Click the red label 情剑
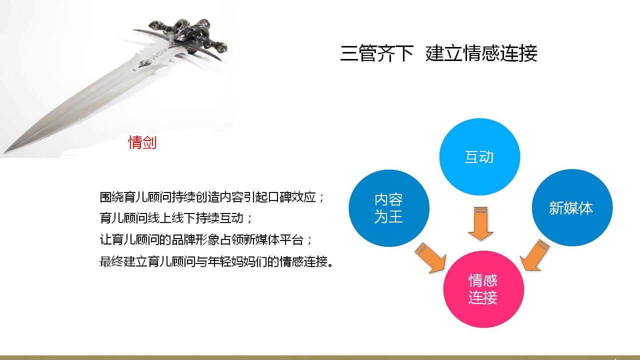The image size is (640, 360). click(x=142, y=142)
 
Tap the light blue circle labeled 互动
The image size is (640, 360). click(x=479, y=157)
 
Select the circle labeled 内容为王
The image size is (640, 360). click(x=389, y=208)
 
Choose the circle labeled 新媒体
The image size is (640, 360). click(x=572, y=207)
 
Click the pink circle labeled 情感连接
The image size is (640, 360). click(x=483, y=289)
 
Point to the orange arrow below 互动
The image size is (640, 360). click(x=480, y=223)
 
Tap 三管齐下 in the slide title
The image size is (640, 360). click(x=377, y=53)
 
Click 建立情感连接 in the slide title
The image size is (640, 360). click(x=481, y=53)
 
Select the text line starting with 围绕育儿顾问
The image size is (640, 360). click(x=212, y=197)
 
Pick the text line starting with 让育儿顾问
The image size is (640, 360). click(x=205, y=239)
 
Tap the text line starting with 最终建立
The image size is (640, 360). click(x=216, y=261)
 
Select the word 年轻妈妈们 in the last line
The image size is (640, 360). click(x=237, y=261)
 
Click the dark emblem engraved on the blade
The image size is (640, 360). click(x=144, y=63)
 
